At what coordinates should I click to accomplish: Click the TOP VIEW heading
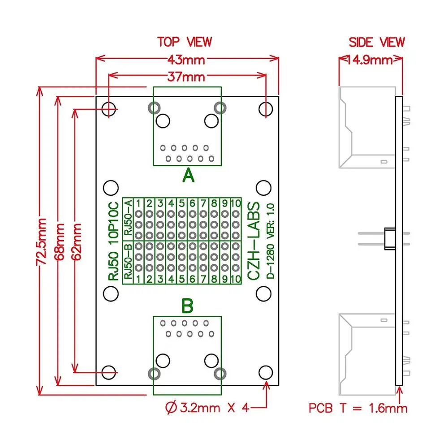(184, 42)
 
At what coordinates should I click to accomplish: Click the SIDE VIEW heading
(376, 42)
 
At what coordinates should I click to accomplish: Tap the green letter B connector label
(187, 307)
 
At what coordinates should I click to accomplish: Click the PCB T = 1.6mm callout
(358, 408)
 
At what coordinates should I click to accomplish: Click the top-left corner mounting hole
(109, 109)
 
